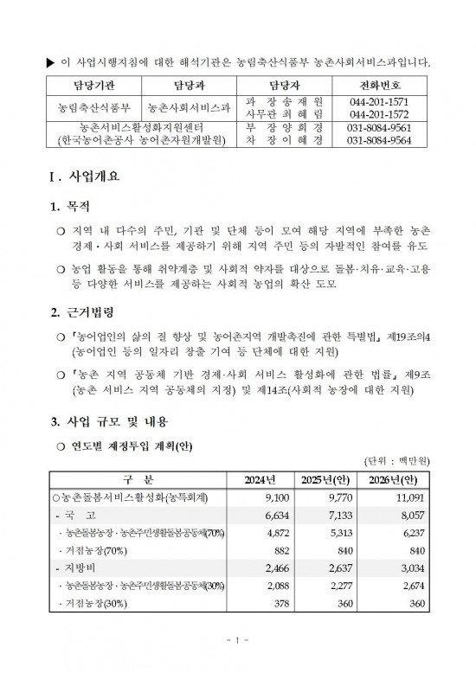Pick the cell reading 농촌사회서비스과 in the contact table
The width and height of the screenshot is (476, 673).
[x=190, y=108]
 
